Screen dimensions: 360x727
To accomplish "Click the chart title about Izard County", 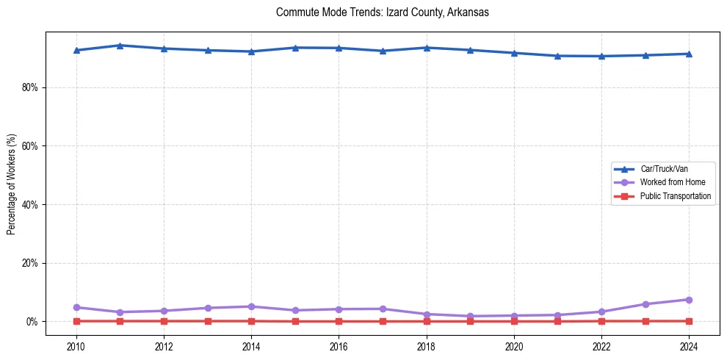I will click(382, 12).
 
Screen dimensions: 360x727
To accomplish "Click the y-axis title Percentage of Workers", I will click(11, 184).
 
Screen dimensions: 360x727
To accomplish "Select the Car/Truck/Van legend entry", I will click(664, 169).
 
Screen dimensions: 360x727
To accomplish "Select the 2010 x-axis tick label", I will click(76, 346).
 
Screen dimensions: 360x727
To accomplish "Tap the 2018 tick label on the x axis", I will click(427, 346).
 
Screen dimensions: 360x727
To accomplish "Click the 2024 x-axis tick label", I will click(690, 346).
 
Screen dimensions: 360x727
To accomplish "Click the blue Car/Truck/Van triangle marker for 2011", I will click(120, 46).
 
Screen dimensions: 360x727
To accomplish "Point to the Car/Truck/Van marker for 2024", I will click(690, 54).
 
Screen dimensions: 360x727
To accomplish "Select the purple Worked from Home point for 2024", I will click(690, 300).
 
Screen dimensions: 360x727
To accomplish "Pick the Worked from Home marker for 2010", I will click(76, 307).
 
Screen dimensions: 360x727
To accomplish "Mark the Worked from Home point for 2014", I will click(251, 306).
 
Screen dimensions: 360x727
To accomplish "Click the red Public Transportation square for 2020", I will click(514, 321).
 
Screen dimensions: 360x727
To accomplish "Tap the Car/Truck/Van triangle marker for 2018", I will click(427, 48).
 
